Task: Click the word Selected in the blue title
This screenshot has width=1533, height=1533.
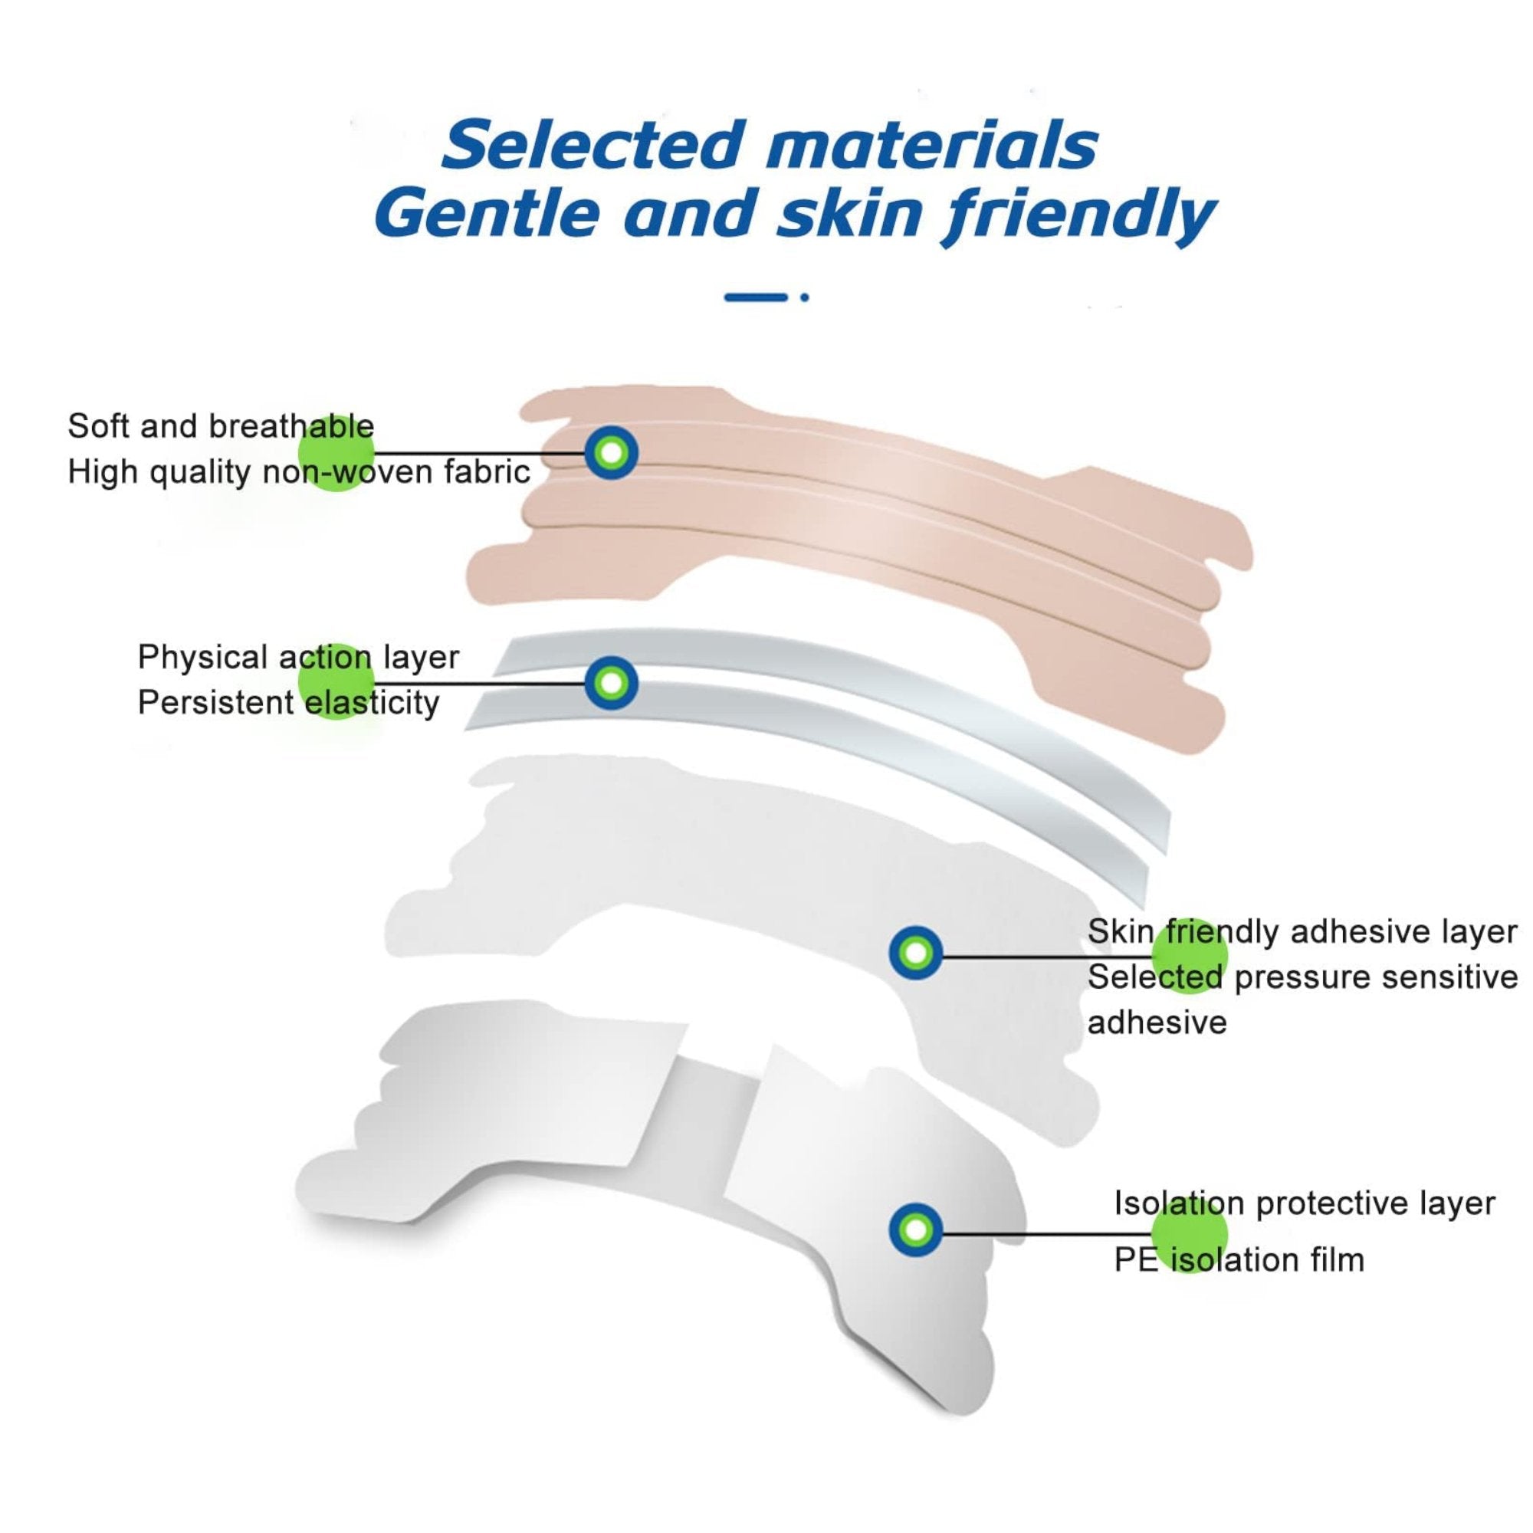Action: coord(593,145)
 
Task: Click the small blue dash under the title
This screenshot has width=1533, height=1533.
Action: coord(757,297)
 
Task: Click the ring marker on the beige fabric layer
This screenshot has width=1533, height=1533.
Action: coord(611,453)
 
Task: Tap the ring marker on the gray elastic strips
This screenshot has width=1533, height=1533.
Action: coord(611,682)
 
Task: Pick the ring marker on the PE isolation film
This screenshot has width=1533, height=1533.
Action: coord(916,1230)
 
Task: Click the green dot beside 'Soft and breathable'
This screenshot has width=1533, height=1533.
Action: coord(336,453)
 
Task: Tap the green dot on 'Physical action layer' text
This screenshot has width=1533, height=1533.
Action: coord(336,681)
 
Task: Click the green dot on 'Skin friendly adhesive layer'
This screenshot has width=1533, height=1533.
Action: coord(1190,955)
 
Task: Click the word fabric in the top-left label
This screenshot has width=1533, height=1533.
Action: coord(487,471)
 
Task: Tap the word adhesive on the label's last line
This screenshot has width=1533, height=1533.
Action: coord(1157,1023)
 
